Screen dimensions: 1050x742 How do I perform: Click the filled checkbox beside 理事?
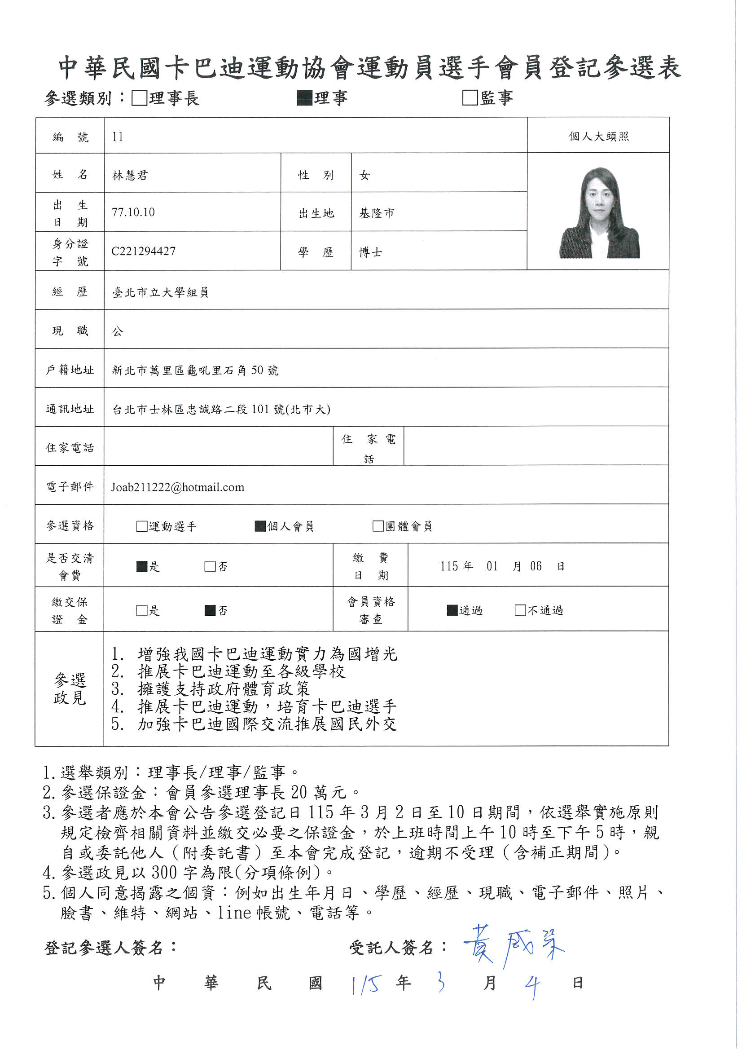(304, 98)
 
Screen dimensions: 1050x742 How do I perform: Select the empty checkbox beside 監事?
(470, 98)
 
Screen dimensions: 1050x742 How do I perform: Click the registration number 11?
(118, 137)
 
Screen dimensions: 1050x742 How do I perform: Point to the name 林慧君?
(130, 175)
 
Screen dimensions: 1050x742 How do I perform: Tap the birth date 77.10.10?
(133, 212)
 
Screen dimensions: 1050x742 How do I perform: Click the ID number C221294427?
(143, 251)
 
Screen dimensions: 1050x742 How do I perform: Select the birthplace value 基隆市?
(377, 213)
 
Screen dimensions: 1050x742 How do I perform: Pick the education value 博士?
(370, 252)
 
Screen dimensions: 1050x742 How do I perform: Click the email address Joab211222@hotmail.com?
(177, 487)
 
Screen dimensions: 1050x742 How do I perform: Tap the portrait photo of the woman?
(599, 213)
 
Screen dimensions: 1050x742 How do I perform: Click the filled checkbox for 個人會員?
(260, 526)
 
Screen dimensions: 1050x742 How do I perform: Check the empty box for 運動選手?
(142, 526)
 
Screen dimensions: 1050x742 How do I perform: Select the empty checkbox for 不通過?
(520, 610)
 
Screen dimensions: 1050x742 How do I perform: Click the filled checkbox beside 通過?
(452, 610)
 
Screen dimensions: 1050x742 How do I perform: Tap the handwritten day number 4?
(531, 986)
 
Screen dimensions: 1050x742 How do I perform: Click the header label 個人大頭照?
(598, 136)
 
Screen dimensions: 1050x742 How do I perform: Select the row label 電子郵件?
(70, 486)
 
